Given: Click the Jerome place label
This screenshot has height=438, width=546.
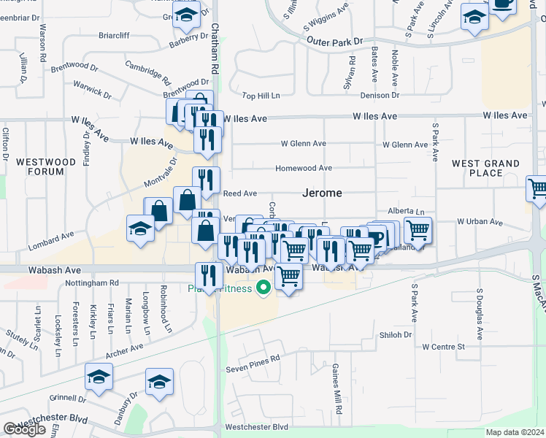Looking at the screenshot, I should tap(323, 193).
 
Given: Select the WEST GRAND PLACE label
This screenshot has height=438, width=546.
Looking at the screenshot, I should tap(487, 168).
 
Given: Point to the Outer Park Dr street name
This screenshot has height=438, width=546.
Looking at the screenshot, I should tap(335, 42).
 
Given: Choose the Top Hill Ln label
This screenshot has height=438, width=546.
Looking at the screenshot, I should tap(261, 96).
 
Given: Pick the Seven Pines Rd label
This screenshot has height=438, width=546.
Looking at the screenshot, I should tap(253, 359).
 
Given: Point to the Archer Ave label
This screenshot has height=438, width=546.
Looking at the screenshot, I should tap(125, 352).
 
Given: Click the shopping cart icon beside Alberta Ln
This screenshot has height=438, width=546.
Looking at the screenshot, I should tap(418, 230).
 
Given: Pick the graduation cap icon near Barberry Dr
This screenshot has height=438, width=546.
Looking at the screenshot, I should tap(187, 15).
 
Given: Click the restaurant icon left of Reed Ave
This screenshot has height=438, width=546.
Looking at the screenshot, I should tap(207, 180).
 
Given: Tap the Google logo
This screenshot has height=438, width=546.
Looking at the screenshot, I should tap(24, 429).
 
